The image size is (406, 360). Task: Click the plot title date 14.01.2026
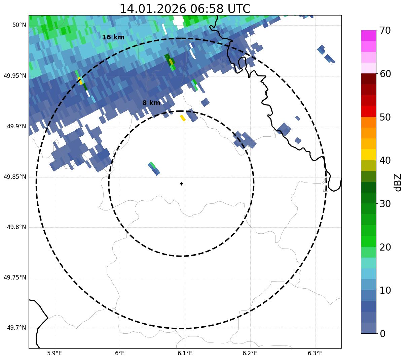coord(152,9)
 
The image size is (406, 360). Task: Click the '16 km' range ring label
coord(113,37)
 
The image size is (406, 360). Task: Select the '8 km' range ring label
coord(151,103)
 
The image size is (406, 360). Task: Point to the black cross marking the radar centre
coord(181,184)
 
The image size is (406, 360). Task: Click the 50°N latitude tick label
coord(19,25)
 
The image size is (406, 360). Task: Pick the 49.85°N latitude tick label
coord(15,177)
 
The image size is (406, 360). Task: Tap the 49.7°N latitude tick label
coord(16,328)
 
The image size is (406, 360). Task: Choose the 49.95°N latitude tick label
coord(15,76)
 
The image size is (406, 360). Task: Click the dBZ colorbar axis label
coord(398,182)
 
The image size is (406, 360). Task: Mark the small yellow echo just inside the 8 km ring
coord(183,118)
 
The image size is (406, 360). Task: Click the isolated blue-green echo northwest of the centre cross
coord(154,168)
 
